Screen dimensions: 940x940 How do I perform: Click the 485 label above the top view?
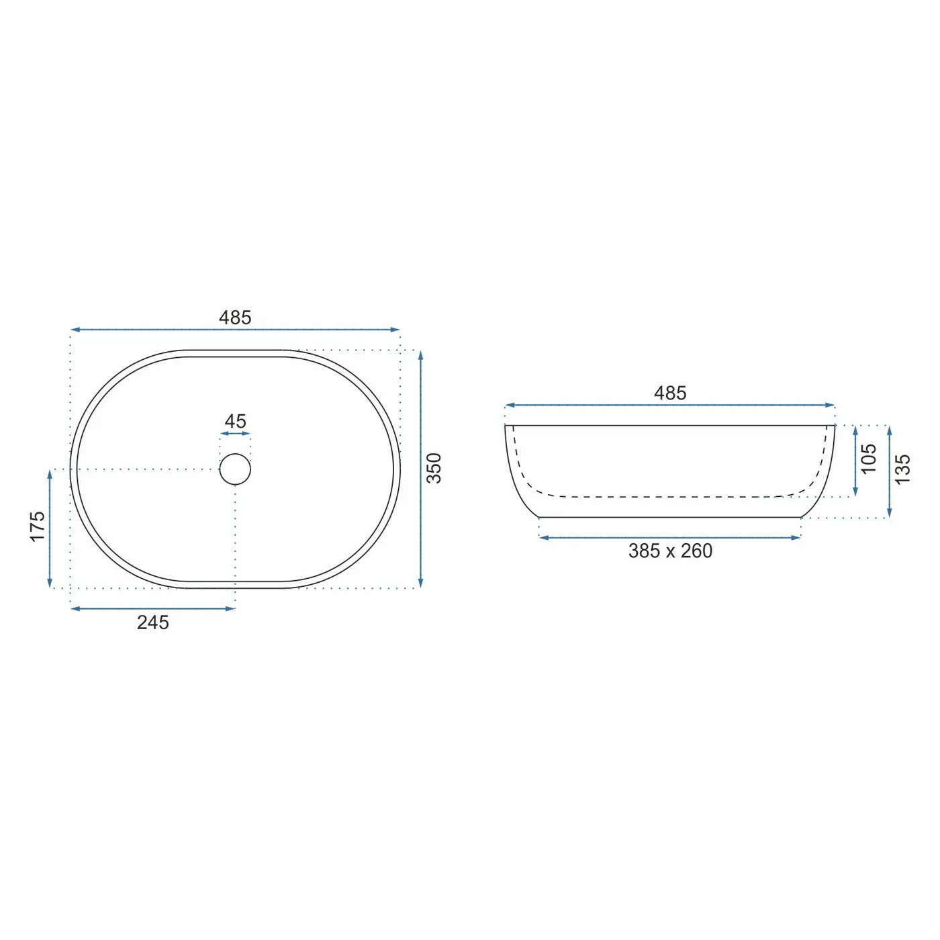(x=234, y=318)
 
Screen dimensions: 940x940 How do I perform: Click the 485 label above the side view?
(x=670, y=393)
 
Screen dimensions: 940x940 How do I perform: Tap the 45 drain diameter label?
(x=235, y=421)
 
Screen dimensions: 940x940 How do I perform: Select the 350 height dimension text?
(x=434, y=468)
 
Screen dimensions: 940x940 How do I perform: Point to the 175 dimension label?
(x=38, y=526)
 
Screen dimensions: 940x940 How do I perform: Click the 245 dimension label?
(x=152, y=623)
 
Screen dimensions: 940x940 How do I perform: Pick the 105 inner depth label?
(x=868, y=459)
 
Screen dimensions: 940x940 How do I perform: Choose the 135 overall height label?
(x=902, y=469)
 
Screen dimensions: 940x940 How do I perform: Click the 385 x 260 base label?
(x=670, y=551)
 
